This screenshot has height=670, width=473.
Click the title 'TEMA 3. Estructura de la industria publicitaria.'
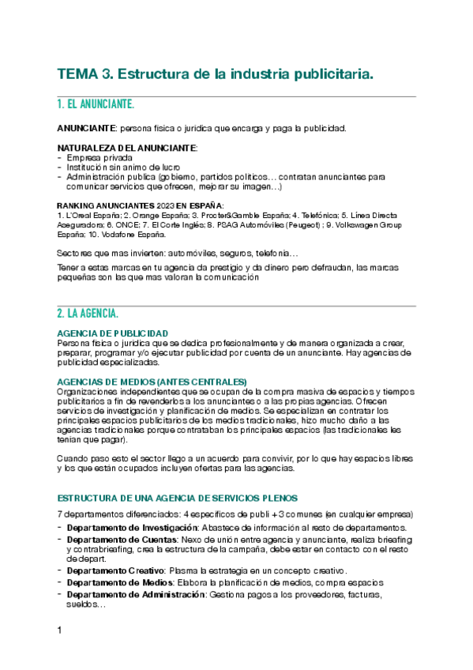(x=215, y=74)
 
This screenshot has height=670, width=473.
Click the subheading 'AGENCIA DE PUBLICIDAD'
(x=112, y=333)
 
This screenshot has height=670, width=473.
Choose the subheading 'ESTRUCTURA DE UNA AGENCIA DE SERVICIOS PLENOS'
(x=177, y=498)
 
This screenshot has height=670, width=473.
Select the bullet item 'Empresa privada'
(x=99, y=158)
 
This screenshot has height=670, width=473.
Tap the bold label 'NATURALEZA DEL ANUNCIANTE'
(x=126, y=148)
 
